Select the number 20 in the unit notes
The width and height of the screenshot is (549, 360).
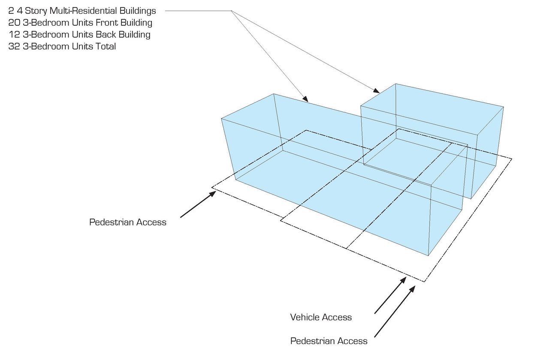pyautogui.click(x=13, y=22)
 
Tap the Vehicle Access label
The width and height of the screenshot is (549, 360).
pyautogui.click(x=321, y=317)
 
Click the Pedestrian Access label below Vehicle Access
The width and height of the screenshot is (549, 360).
pyautogui.click(x=329, y=341)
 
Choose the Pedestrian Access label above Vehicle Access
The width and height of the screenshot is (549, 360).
pyautogui.click(x=127, y=222)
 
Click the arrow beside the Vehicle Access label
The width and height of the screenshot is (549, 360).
pyautogui.click(x=390, y=295)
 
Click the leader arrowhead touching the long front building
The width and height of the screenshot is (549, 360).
pyautogui.click(x=305, y=99)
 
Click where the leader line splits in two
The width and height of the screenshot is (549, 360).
pyautogui.click(x=232, y=11)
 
